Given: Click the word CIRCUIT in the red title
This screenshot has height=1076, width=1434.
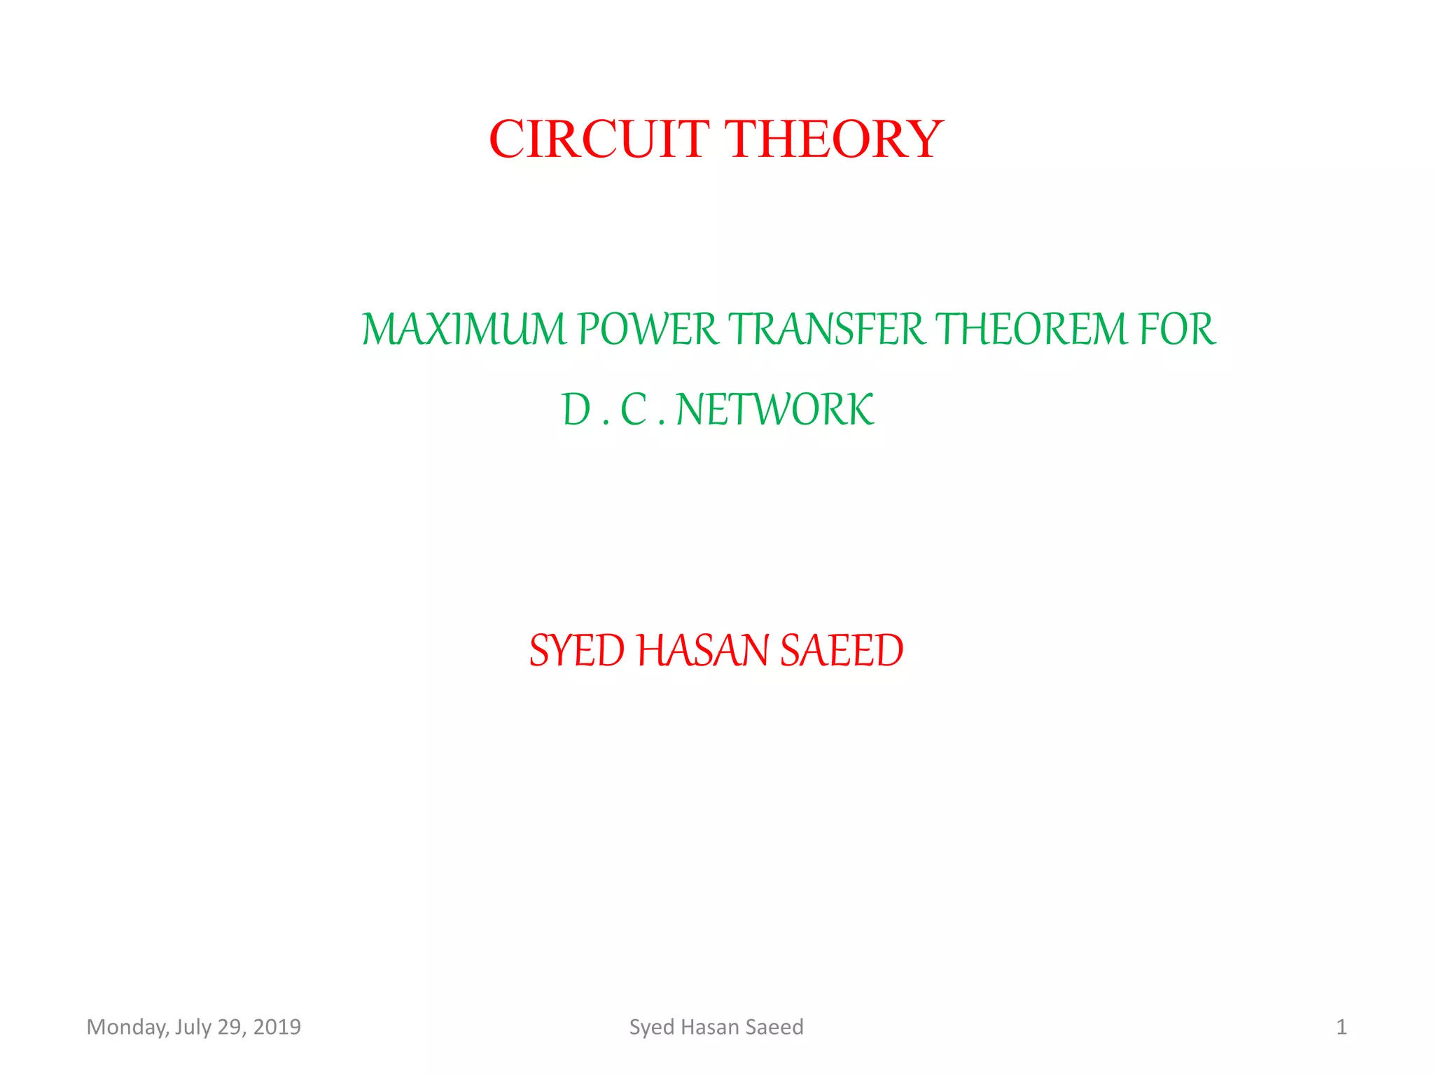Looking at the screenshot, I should [599, 139].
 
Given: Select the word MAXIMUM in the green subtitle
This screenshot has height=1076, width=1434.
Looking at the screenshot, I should [464, 329].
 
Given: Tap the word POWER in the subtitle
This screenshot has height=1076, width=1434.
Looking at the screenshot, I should [648, 329].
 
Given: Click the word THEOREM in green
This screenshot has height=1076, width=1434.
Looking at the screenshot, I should [1031, 329].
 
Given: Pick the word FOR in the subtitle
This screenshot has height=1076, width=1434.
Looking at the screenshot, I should [1178, 329].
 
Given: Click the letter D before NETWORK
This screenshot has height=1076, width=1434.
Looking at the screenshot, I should [577, 410].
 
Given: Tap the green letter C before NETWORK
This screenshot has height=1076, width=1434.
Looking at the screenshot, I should [634, 410].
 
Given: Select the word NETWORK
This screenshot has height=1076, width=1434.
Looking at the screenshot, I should [775, 410].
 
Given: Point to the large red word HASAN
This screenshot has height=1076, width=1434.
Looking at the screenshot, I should [703, 651].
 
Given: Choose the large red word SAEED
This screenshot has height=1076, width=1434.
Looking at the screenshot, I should [842, 651].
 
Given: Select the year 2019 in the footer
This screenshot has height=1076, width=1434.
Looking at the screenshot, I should [277, 1027].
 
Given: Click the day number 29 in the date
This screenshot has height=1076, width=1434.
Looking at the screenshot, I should [230, 1027].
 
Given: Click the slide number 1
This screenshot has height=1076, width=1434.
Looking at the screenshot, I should [1341, 1027].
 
